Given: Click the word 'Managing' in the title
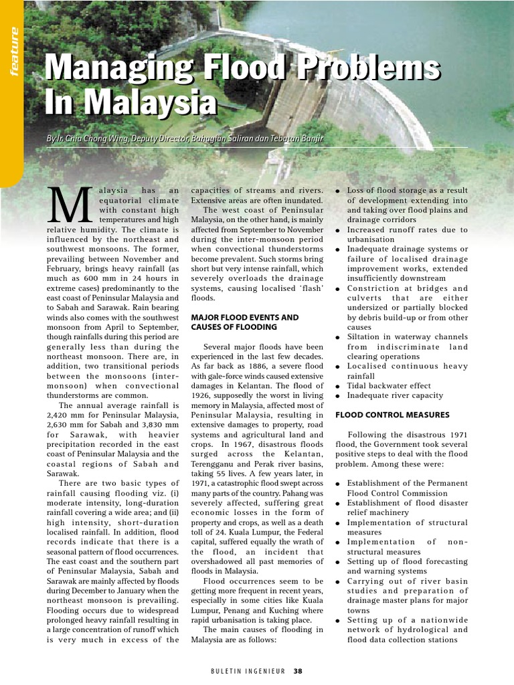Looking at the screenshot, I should [x=113, y=70].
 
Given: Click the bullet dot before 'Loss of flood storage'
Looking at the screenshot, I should [x=339, y=191].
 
